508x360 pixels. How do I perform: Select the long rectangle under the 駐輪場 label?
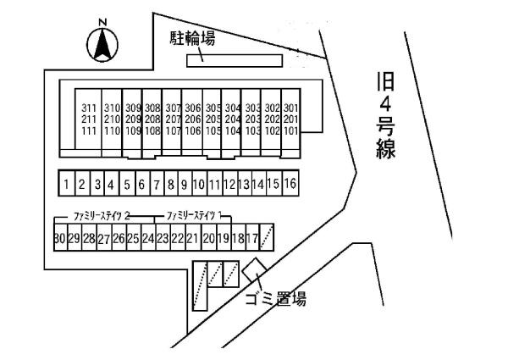coord(235,59)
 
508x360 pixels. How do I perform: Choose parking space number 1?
coord(65,183)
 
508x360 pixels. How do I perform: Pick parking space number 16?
coord(289,183)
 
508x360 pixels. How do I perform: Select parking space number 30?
coord(58,239)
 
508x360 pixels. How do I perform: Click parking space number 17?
coord(251,239)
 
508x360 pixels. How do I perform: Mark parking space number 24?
coord(148,239)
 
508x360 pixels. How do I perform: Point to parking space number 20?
coord(208,239)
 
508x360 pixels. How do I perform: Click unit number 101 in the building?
coord(291,131)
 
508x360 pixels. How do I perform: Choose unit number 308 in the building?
coord(152,108)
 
